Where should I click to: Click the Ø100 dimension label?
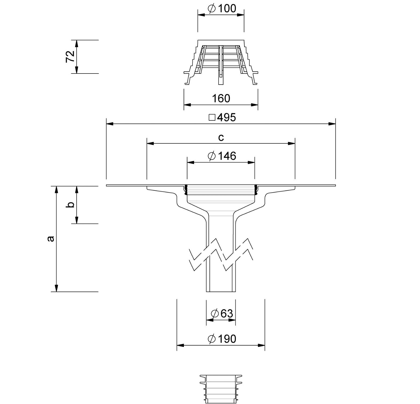(222, 9)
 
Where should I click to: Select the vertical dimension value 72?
(70, 57)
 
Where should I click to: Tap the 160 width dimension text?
(221, 99)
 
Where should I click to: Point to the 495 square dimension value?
(226, 117)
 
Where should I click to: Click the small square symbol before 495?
(212, 117)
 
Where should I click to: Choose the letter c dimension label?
(221, 138)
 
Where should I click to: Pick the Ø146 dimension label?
(222, 156)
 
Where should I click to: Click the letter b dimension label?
(71, 205)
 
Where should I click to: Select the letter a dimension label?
(50, 239)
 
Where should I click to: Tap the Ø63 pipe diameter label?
(222, 314)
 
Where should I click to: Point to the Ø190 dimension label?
(222, 339)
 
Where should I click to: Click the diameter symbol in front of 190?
(212, 339)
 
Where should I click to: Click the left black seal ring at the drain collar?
(185, 190)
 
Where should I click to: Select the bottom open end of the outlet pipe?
(221, 291)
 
